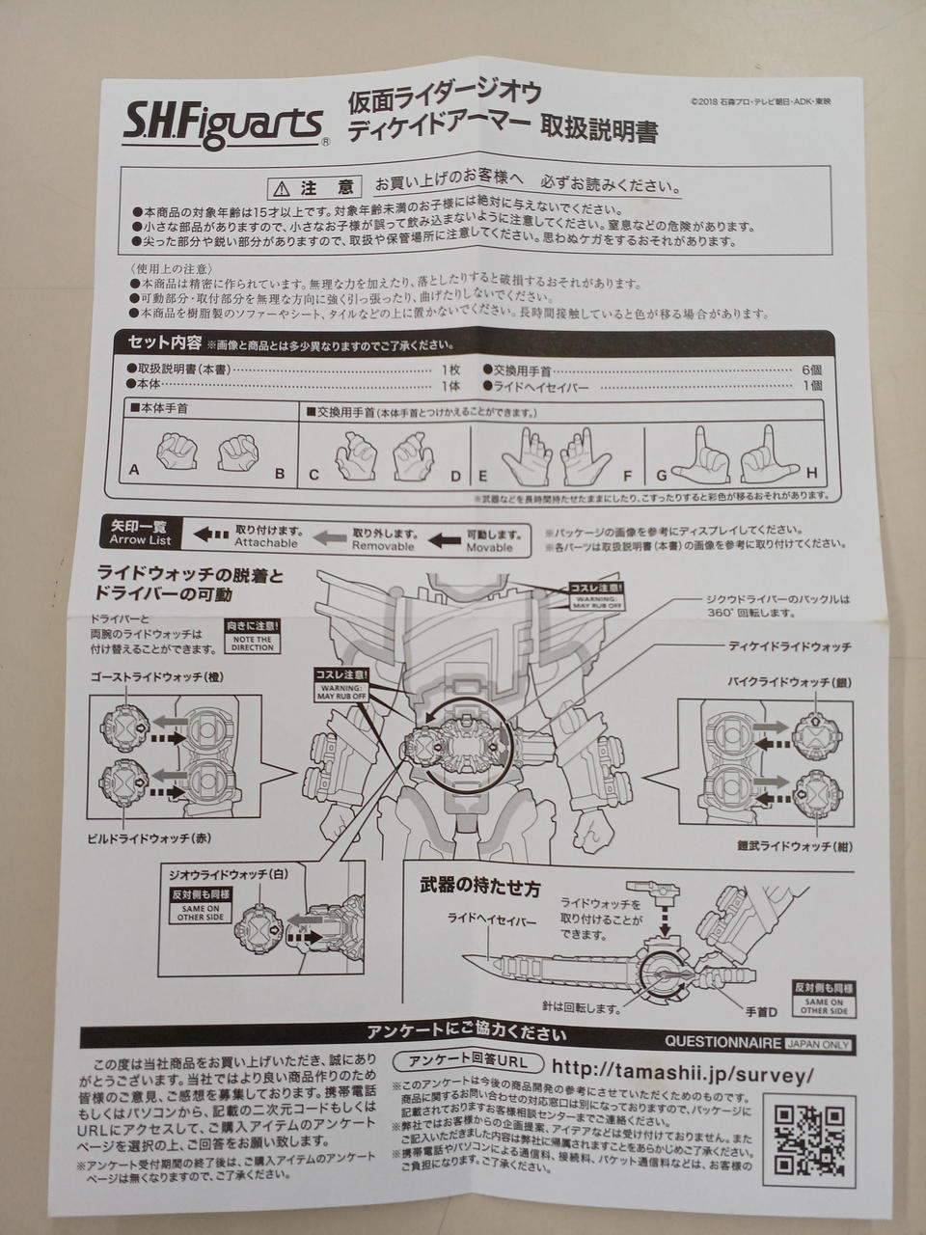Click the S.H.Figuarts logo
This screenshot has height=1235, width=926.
224,123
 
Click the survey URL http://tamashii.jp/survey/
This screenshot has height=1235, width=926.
681,1072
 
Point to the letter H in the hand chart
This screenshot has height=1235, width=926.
811,473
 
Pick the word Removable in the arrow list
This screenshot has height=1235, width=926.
382,546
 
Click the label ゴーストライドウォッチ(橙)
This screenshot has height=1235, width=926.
157,677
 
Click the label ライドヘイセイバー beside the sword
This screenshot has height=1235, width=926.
490,921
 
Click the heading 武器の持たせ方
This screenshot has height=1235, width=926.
479,883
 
